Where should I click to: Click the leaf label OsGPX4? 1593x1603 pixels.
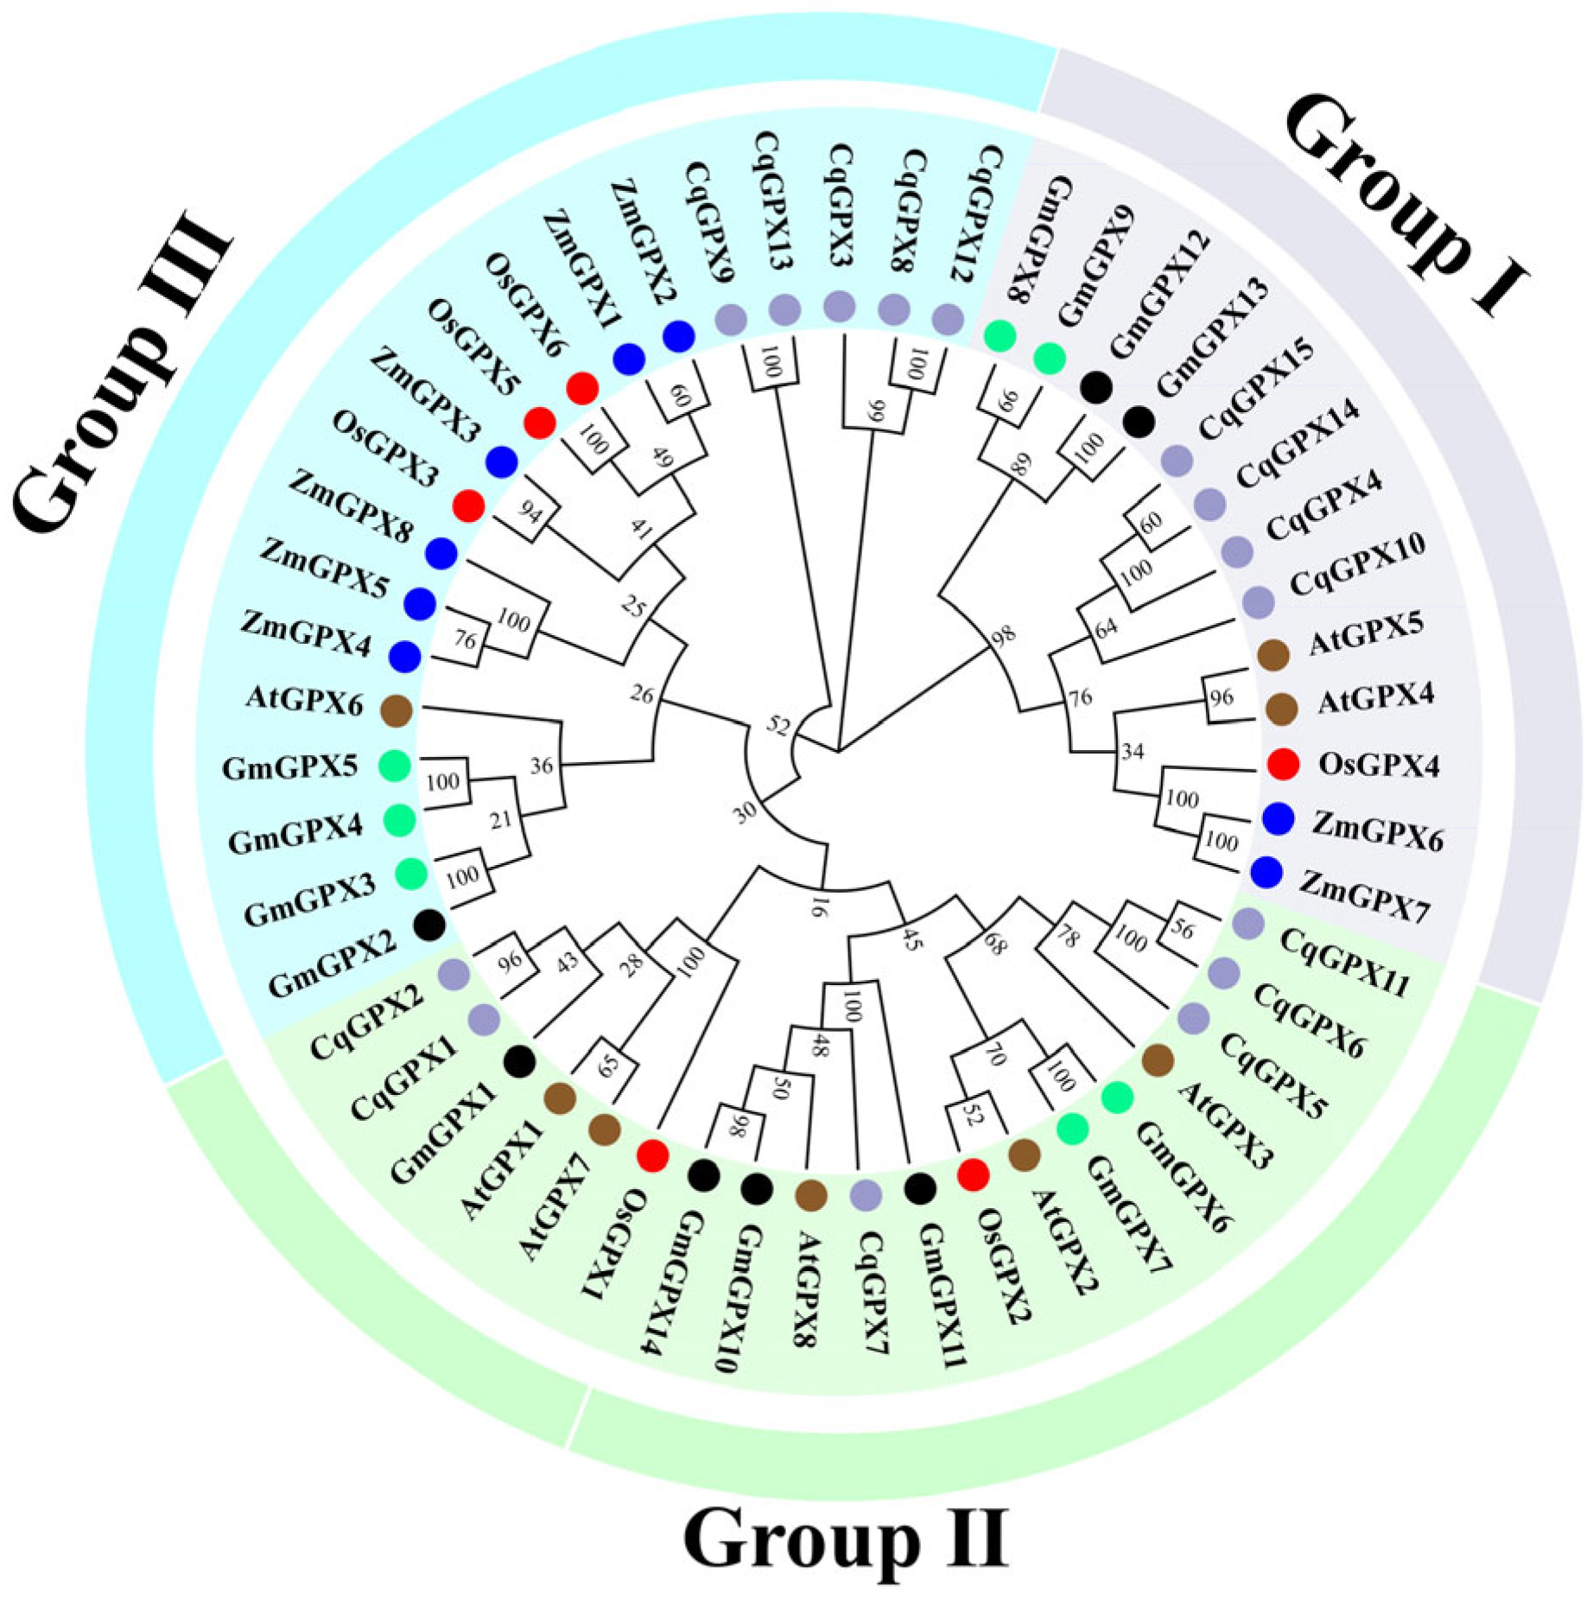pyautogui.click(x=1379, y=765)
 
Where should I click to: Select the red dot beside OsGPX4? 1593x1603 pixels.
pyautogui.click(x=1283, y=764)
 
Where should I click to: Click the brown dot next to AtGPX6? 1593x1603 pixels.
pyautogui.click(x=397, y=710)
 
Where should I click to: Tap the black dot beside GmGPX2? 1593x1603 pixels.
pyautogui.click(x=429, y=926)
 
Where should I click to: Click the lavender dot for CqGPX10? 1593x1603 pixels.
pyautogui.click(x=1258, y=602)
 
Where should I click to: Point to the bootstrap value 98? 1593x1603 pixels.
pyautogui.click(x=1003, y=636)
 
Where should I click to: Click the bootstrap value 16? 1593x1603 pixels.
pyautogui.click(x=817, y=906)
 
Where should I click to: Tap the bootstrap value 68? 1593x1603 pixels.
pyautogui.click(x=995, y=944)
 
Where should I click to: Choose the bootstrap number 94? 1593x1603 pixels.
pyautogui.click(x=530, y=512)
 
